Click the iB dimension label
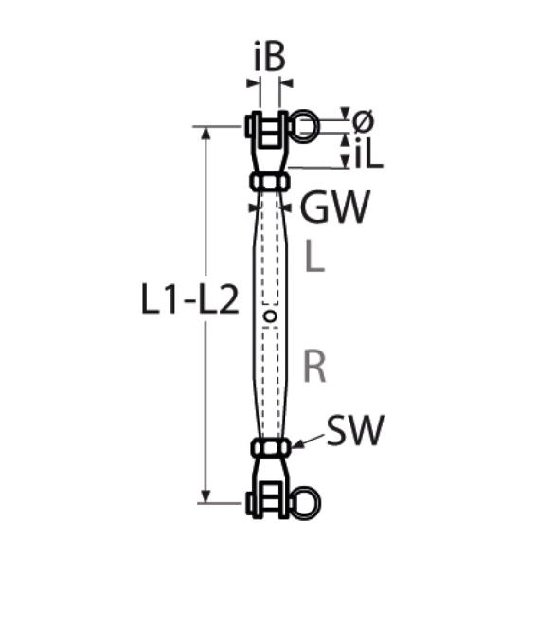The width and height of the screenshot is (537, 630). tap(270, 56)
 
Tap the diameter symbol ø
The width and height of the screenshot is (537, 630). tap(364, 121)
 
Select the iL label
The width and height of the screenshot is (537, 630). tap(368, 153)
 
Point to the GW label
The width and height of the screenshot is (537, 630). tap(334, 207)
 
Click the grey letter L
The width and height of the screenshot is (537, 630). tap(314, 257)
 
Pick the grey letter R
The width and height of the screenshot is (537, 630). tap(314, 366)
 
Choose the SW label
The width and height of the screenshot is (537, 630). tap(355, 430)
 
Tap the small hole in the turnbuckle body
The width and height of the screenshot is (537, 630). tap(270, 316)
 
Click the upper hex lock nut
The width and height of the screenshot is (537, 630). tap(270, 182)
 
